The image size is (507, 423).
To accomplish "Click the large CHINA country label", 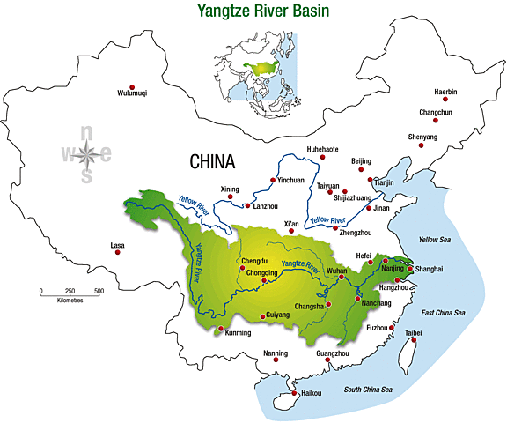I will (213, 162).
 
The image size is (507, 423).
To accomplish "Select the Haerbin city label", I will (446, 93).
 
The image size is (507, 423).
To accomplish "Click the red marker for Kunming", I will (220, 329).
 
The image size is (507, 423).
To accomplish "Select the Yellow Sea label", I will (433, 239).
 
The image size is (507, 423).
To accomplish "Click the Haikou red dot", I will (296, 393).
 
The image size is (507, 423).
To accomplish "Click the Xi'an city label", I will (292, 224).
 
